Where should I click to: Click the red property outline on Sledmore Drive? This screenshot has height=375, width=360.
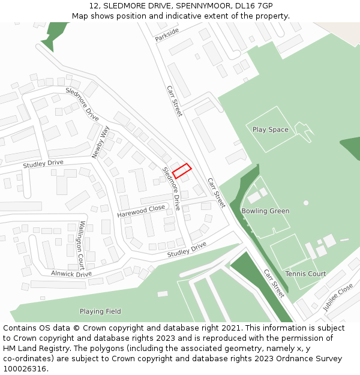pyautogui.click(x=182, y=171)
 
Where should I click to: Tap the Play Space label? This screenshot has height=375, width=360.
pyautogui.click(x=270, y=130)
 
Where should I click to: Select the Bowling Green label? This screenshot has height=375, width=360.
pyautogui.click(x=265, y=211)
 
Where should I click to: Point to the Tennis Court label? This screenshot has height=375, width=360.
pyautogui.click(x=305, y=274)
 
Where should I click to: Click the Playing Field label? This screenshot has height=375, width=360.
pyautogui.click(x=100, y=311)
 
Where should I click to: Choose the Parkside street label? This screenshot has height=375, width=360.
pyautogui.click(x=167, y=35)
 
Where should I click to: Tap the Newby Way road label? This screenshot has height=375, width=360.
pyautogui.click(x=101, y=142)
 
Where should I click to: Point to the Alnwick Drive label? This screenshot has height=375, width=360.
pyautogui.click(x=71, y=274)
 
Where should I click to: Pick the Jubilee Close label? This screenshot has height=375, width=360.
pyautogui.click(x=338, y=298)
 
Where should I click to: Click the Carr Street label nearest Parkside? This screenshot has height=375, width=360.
pyautogui.click(x=174, y=100)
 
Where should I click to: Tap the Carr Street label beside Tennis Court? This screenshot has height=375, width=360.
pyautogui.click(x=274, y=283)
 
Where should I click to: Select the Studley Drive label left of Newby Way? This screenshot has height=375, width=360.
pyautogui.click(x=43, y=163)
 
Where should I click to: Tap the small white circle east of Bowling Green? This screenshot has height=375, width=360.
pyautogui.click(x=306, y=203)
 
